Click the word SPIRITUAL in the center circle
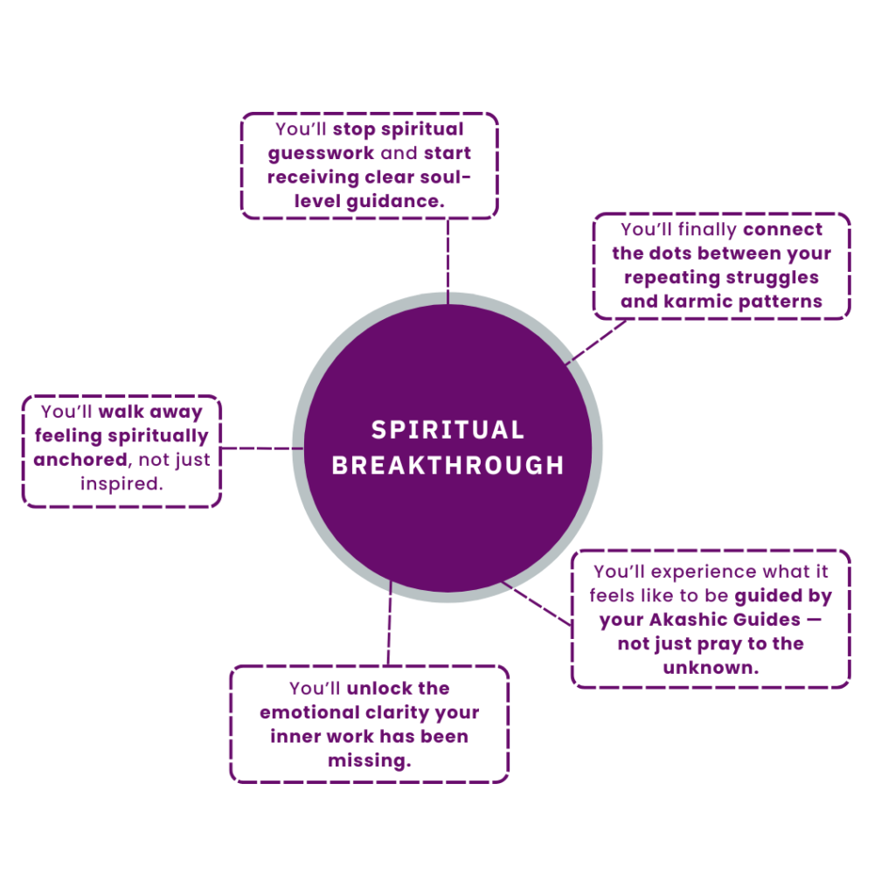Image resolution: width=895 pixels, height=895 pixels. pyautogui.click(x=447, y=430)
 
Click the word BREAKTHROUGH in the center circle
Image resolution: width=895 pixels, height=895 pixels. pyautogui.click(x=447, y=465)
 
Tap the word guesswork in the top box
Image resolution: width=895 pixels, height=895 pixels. pyautogui.click(x=321, y=153)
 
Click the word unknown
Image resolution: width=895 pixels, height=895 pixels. pyautogui.click(x=710, y=668)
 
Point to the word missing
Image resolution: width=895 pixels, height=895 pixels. pyautogui.click(x=369, y=760)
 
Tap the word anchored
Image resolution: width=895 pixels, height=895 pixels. pyautogui.click(x=80, y=459)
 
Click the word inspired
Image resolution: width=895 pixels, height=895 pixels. pyautogui.click(x=121, y=482)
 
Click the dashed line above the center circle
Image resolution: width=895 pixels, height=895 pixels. pyautogui.click(x=447, y=258)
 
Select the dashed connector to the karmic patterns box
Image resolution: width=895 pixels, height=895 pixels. pyautogui.click(x=596, y=341)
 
